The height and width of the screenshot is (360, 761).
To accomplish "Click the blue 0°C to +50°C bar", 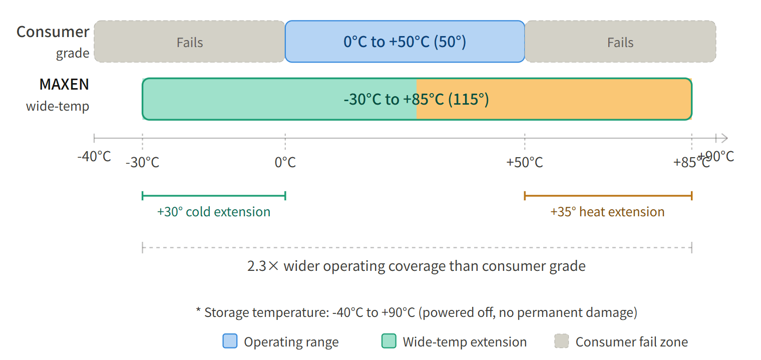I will coord(405,42).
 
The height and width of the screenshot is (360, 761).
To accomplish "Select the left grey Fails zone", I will coord(189,42).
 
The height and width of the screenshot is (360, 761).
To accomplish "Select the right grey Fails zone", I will coord(620,42).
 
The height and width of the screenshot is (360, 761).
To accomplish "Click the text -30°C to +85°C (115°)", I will coord(416,99).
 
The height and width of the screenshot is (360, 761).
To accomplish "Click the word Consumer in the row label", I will coord(53,32).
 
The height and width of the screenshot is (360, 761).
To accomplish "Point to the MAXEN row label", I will coord(64,85).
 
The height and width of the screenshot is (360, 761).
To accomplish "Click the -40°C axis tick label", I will coord(94,156).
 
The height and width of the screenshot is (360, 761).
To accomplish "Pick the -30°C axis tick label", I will coord(142,163).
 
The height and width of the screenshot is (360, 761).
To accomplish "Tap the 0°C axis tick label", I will coord(285,163).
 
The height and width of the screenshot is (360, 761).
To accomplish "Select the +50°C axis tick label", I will coord(524,163).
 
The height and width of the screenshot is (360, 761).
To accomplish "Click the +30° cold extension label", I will coord(214,212).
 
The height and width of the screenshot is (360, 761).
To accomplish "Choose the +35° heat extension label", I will coord(607,212).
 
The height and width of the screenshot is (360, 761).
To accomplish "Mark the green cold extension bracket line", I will coord(214,195).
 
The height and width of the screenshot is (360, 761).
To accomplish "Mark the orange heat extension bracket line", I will coord(608,195).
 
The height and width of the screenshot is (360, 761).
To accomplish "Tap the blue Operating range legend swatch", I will coord(230,341).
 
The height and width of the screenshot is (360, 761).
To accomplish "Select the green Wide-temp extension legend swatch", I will coord(389,341).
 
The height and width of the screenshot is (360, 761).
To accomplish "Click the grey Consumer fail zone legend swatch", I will coord(562,341).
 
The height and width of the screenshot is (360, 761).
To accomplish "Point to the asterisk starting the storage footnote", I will coord(199,311).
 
